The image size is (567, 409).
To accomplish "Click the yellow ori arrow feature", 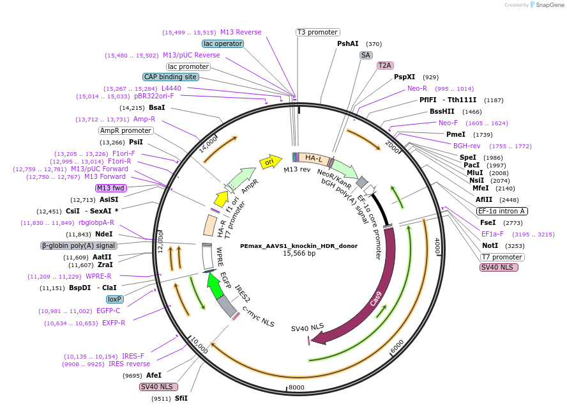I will (271, 162).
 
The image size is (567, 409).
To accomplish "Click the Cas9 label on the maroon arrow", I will (377, 300).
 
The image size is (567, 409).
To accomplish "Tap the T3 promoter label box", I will (318, 32).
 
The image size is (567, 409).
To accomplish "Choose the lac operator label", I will (222, 44).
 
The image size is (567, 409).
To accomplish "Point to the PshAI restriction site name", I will (348, 44).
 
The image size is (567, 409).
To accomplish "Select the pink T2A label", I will (385, 65).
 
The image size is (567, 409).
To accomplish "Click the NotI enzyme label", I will (490, 245).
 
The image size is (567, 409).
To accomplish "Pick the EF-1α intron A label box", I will (502, 211).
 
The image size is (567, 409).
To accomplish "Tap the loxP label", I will (115, 299).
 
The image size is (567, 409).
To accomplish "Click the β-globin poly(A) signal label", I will (79, 245).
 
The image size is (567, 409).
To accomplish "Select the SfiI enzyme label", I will (181, 398).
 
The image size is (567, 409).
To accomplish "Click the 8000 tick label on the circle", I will (297, 387).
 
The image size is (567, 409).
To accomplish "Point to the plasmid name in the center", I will (299, 245).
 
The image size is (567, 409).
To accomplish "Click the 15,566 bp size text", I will (299, 254).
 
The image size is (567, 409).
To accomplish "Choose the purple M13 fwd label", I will (111, 188).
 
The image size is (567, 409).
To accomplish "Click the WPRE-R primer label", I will (98, 276).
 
